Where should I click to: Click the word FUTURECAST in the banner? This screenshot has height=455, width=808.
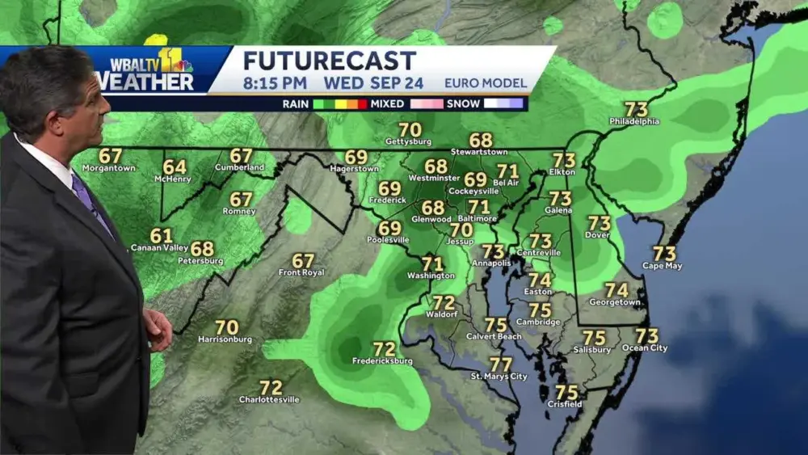coord(329,61)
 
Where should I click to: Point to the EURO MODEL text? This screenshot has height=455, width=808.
coord(485,82)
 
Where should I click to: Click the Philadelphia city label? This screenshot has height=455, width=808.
coord(634,122)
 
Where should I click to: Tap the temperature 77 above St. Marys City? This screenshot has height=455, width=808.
coord(500,364)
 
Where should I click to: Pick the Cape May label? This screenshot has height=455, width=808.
coord(663,266)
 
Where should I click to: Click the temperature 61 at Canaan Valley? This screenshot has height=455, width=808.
coord(161,236)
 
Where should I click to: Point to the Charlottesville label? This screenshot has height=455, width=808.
coord(269,400)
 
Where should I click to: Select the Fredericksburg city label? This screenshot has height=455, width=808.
coord(383,360)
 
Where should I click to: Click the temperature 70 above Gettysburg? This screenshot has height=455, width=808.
coord(410,129)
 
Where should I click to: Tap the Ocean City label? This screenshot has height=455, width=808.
coord(645,348)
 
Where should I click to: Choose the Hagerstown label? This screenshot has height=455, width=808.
coord(355,169)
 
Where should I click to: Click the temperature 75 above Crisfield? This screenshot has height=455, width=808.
coord(566,392)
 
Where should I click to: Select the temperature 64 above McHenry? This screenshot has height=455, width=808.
coord(174,166)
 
